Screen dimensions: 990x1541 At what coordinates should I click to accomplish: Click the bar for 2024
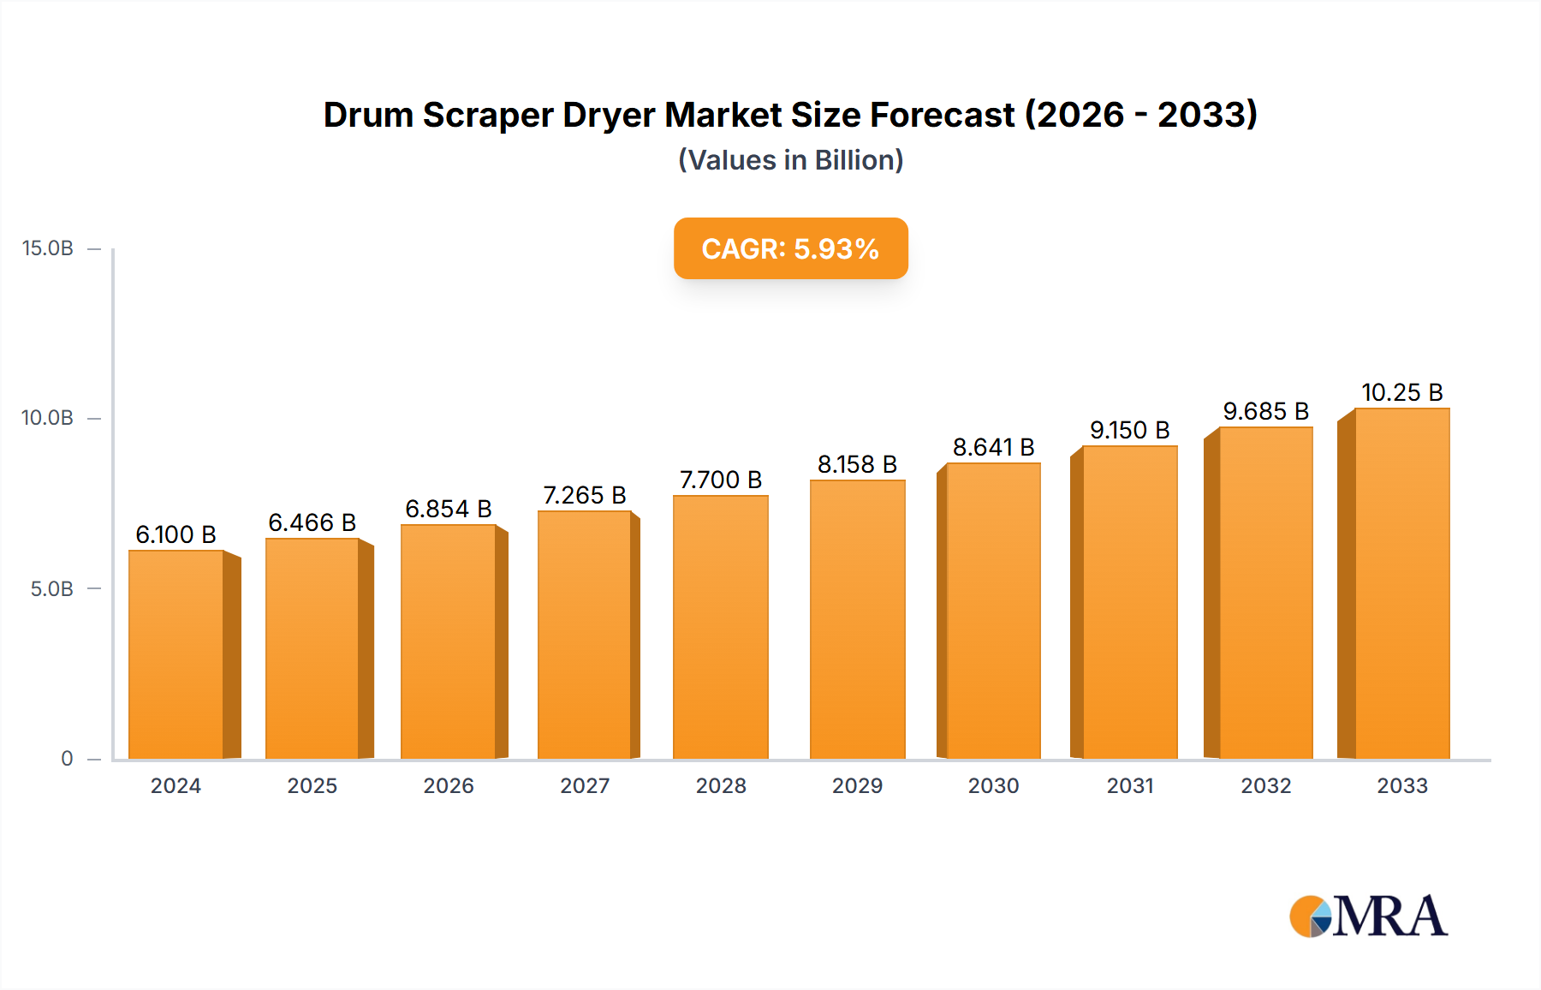[176, 654]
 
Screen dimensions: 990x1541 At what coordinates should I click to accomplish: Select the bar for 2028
[721, 627]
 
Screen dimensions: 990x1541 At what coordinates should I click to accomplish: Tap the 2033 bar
[1402, 584]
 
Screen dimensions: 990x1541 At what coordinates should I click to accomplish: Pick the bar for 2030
[993, 611]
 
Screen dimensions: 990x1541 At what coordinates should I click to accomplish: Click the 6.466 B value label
[312, 522]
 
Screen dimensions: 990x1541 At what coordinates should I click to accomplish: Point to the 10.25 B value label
[1402, 392]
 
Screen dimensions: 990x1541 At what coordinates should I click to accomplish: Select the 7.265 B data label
[585, 495]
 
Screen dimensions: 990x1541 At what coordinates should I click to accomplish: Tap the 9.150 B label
[1129, 430]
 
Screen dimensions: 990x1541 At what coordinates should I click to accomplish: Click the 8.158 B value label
[857, 464]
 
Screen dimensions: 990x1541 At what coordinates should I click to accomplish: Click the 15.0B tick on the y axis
[48, 248]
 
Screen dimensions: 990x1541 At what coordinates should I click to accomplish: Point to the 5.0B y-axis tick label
[51, 589]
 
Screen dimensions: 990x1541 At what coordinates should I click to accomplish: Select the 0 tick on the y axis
[67, 759]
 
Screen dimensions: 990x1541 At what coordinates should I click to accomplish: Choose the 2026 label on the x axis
[449, 786]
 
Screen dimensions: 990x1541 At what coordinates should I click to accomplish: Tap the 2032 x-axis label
[1265, 786]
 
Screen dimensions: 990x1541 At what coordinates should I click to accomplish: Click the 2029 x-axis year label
[857, 786]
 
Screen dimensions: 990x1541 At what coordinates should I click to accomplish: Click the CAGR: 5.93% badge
[790, 248]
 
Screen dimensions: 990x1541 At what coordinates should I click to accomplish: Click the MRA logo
[1368, 916]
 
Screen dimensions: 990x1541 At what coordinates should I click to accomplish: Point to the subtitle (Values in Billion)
[790, 160]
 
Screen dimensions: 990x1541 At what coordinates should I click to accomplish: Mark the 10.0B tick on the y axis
[48, 418]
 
